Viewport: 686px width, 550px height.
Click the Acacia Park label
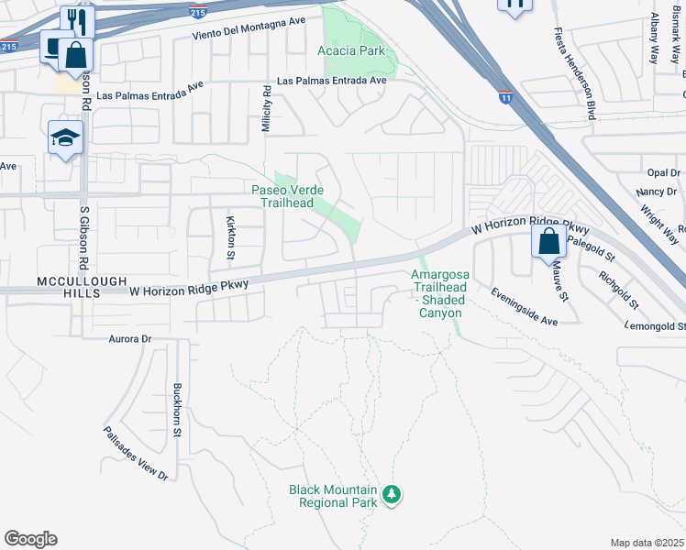click(x=352, y=50)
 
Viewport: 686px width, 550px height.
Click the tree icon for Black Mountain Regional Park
click(x=393, y=494)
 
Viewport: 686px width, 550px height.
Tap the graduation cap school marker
click(x=66, y=137)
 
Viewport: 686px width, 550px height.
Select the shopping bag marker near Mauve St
click(x=548, y=242)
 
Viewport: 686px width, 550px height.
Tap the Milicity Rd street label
click(x=266, y=110)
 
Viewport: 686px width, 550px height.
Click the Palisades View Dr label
click(x=137, y=454)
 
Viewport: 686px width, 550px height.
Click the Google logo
click(x=30, y=539)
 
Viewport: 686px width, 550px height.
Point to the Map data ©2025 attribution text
click(x=646, y=543)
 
